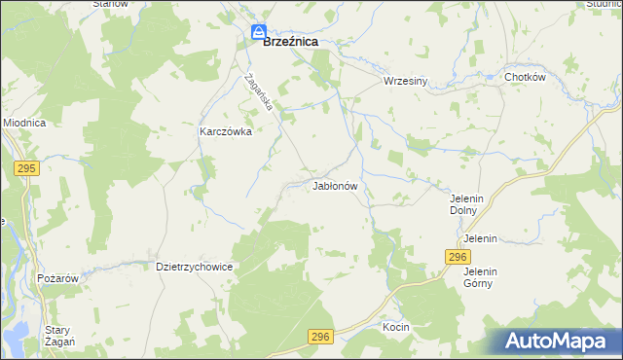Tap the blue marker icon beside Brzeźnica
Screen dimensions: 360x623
(258, 33)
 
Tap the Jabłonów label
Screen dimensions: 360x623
(336, 185)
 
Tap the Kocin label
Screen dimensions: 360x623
(396, 327)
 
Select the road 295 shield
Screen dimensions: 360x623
(26, 168)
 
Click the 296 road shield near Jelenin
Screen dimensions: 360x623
(458, 256)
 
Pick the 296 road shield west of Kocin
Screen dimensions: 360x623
(321, 337)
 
